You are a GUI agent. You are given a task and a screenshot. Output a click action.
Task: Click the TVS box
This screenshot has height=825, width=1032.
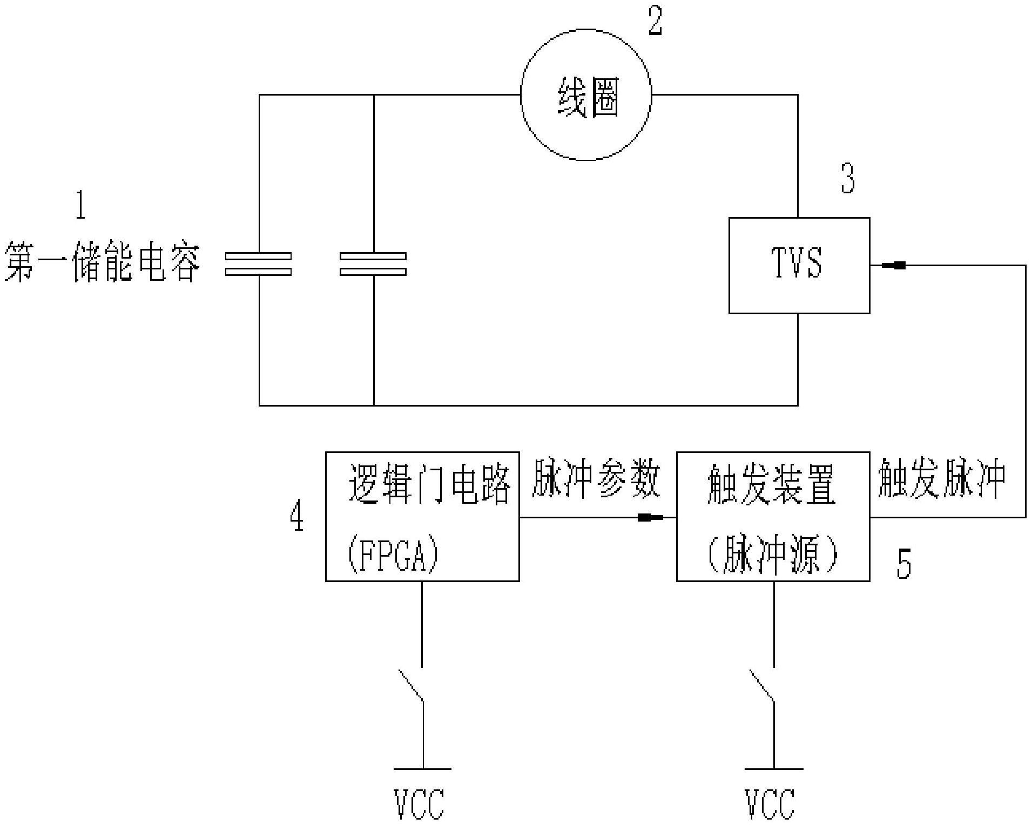pyautogui.click(x=799, y=265)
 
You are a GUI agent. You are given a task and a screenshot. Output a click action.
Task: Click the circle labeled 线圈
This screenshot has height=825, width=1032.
pyautogui.click(x=586, y=95)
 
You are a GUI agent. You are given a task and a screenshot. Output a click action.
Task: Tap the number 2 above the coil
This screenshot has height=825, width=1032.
pyautogui.click(x=655, y=22)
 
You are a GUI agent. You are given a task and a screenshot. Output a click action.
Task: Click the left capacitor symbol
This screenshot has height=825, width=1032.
pyautogui.click(x=259, y=264)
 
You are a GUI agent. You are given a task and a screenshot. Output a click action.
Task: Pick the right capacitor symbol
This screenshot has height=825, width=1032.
pyautogui.click(x=373, y=264)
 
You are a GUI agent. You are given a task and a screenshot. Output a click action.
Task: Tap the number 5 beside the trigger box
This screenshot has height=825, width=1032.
pyautogui.click(x=903, y=564)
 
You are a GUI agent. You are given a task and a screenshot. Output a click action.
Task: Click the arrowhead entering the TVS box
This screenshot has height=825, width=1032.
pyautogui.click(x=894, y=265)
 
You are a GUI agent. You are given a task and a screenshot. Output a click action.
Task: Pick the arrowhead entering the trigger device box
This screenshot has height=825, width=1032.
pyautogui.click(x=651, y=517)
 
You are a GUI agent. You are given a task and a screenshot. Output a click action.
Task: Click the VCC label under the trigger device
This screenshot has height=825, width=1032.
pyautogui.click(x=770, y=804)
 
